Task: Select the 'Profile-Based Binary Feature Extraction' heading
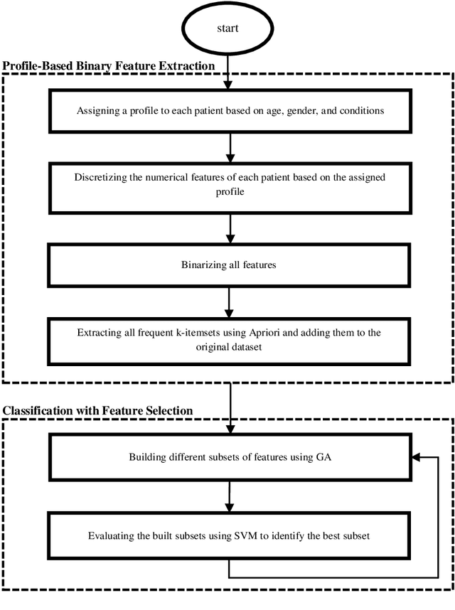[x=108, y=66]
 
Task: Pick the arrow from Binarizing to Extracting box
[x=229, y=301]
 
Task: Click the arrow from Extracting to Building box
[x=229, y=407]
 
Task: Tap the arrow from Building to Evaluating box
[x=229, y=496]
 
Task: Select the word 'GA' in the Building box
[x=321, y=456]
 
